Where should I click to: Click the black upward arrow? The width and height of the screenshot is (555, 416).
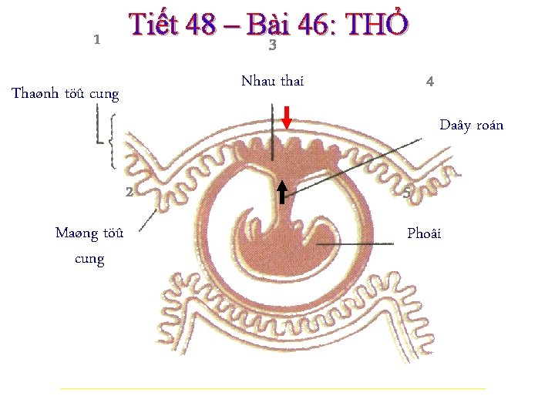click(282, 192)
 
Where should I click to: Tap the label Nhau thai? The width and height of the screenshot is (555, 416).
click(272, 81)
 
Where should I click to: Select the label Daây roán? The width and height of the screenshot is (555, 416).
click(471, 125)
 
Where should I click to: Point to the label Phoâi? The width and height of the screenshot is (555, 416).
click(424, 233)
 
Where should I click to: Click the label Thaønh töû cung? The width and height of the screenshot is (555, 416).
click(66, 94)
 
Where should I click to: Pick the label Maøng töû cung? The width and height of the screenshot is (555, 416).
click(89, 245)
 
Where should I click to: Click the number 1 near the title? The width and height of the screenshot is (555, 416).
click(96, 40)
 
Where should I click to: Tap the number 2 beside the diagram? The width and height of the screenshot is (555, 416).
click(129, 192)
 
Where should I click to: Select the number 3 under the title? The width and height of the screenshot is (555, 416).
click(272, 46)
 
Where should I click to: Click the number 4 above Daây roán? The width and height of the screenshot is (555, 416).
click(429, 81)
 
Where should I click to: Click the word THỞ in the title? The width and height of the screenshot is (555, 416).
click(377, 25)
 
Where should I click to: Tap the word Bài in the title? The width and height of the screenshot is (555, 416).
click(267, 25)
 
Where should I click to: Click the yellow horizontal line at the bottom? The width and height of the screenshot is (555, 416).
click(273, 389)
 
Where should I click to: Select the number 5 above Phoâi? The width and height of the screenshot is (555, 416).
click(407, 193)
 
